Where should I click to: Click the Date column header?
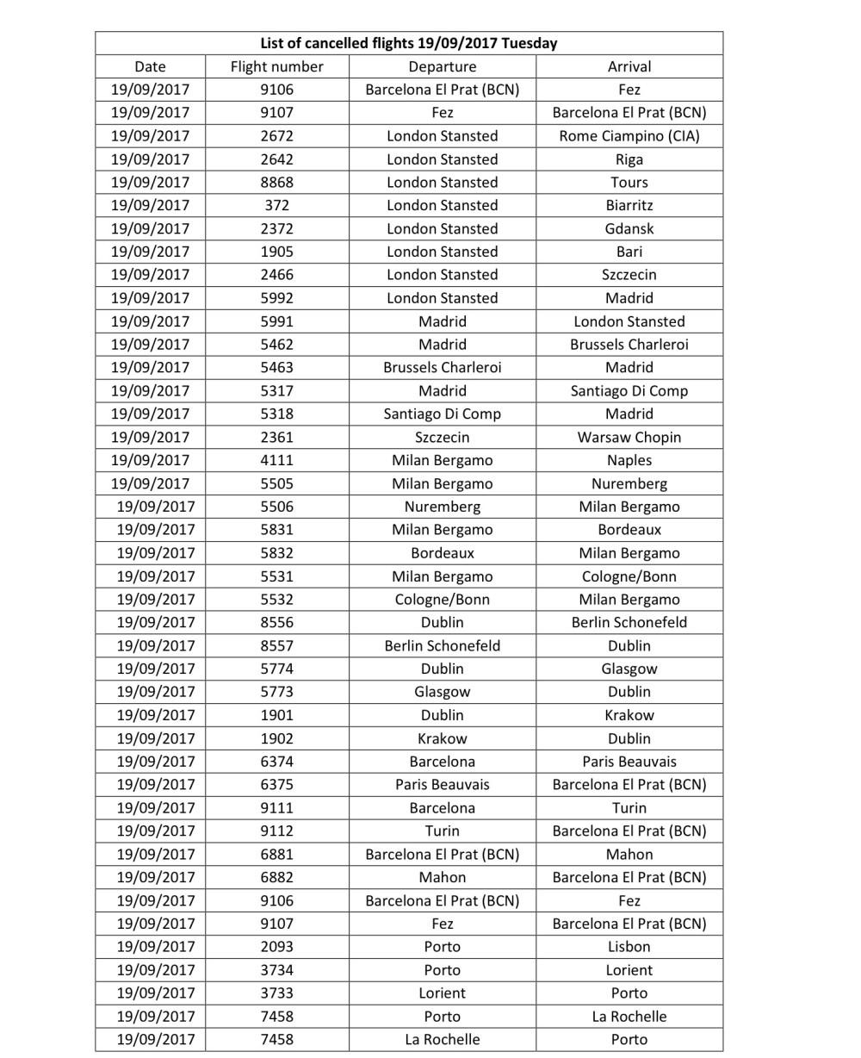(x=150, y=66)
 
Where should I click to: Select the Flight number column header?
(x=276, y=66)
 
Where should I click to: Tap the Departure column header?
(x=442, y=66)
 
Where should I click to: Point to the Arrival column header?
(x=629, y=66)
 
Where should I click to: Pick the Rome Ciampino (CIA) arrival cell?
(x=629, y=136)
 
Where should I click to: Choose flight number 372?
(x=276, y=205)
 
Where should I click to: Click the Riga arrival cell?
(x=629, y=159)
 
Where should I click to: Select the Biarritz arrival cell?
(x=629, y=205)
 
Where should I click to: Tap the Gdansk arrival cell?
(x=629, y=228)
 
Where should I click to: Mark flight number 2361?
(x=276, y=437)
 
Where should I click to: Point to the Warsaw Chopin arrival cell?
(x=629, y=437)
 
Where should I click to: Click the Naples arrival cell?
(x=629, y=460)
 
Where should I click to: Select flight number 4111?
(x=276, y=460)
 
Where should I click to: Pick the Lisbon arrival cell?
(x=629, y=946)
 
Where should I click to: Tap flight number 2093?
(x=276, y=946)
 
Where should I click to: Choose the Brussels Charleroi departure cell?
(x=442, y=367)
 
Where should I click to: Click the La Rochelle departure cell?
(x=442, y=1039)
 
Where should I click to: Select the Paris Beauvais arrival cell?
(x=629, y=762)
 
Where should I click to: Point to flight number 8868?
(x=276, y=183)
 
